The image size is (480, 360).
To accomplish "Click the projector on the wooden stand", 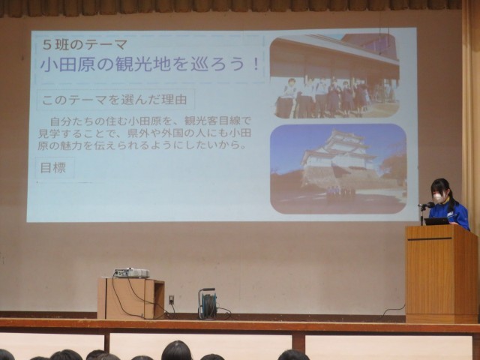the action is (132, 273).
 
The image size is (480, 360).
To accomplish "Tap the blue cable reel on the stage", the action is (208, 304).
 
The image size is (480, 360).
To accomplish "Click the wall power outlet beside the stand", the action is (172, 299).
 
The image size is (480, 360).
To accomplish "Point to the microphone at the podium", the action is (426, 205).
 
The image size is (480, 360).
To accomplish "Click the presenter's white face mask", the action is (438, 198).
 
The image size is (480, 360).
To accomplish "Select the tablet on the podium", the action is (436, 221).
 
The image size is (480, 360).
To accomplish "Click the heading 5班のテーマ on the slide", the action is (85, 45).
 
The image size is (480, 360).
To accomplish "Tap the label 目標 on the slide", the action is (53, 168).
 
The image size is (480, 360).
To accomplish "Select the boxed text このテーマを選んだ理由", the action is (115, 100).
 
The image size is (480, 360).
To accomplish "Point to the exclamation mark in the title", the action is (256, 65).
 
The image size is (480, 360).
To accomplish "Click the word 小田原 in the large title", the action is (68, 65).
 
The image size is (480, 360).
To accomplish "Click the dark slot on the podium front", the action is (430, 238).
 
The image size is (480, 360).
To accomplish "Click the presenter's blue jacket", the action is (450, 215).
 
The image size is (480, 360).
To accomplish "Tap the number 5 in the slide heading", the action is (46, 45).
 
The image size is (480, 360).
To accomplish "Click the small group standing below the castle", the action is (341, 192).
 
